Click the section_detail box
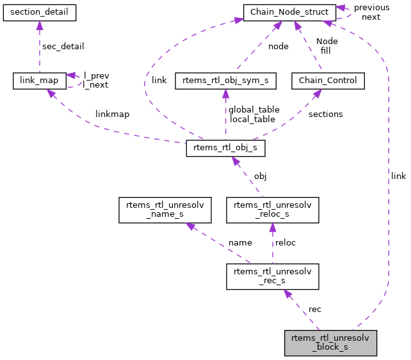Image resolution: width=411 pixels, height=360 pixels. click(x=40, y=12)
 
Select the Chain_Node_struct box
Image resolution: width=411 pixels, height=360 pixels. click(x=289, y=12)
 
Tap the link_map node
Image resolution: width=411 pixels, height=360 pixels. click(x=40, y=81)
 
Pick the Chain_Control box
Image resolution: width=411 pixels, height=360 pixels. click(x=328, y=81)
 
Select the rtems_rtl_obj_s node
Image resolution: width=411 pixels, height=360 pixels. click(x=225, y=148)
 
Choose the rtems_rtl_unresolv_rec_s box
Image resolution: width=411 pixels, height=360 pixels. click(x=273, y=276)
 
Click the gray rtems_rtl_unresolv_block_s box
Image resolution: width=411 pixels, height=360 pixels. click(x=330, y=343)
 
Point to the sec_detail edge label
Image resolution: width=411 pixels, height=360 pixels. click(x=63, y=47)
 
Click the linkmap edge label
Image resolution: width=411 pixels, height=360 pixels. click(x=113, y=114)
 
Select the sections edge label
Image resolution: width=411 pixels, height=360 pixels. click(x=325, y=114)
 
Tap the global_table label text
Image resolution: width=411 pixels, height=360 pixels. click(x=254, y=109)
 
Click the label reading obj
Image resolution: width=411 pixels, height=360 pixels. click(x=260, y=176)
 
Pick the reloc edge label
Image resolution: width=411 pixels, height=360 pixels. click(x=286, y=243)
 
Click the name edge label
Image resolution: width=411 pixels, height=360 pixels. click(x=240, y=243)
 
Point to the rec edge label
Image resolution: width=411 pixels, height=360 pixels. click(x=315, y=309)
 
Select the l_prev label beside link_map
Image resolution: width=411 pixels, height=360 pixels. click(x=96, y=75)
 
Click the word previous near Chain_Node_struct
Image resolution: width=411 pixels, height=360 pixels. click(x=371, y=8)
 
